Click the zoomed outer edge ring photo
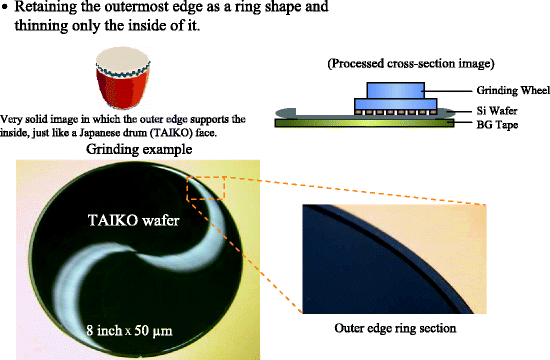(391, 255)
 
